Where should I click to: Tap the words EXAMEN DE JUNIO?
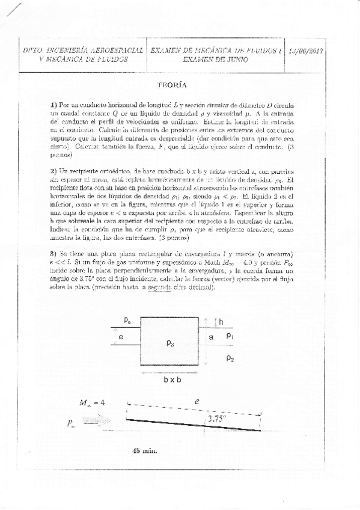pos(214,60)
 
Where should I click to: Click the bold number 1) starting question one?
pos(53,105)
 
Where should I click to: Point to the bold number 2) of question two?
pos(53,171)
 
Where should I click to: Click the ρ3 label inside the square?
pos(170,342)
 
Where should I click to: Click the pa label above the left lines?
pos(127,321)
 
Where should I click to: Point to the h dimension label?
pos(221,322)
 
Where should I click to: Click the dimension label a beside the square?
pos(211,338)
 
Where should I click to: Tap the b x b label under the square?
pos(169,380)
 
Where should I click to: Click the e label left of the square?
pos(121,337)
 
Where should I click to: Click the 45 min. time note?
pos(145,450)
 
